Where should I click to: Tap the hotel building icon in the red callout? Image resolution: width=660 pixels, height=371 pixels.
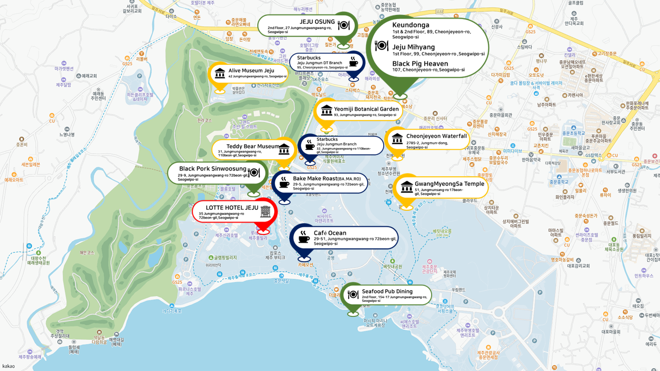[266, 211]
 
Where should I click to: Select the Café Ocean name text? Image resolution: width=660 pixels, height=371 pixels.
[330, 233]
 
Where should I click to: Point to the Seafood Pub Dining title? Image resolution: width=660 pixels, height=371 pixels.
[387, 291]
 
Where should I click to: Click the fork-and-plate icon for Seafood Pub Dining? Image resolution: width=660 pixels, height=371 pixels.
[353, 295]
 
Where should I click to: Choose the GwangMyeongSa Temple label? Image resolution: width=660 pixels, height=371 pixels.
[449, 183]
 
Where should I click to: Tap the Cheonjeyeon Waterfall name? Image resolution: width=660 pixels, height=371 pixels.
[436, 136]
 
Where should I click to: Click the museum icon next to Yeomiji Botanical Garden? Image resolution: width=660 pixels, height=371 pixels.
[326, 110]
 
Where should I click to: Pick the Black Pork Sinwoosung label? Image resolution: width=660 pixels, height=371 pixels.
[212, 168]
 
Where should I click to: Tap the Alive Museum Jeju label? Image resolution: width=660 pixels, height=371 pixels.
[251, 70]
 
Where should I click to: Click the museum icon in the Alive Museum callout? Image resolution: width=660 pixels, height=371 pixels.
[220, 73]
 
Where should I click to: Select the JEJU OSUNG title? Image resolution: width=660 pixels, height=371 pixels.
[317, 22]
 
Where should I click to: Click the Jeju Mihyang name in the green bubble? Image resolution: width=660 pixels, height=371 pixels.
[414, 47]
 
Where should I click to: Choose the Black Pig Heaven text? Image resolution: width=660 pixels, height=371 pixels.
[420, 63]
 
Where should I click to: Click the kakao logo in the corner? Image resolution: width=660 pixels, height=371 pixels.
[8, 366]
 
